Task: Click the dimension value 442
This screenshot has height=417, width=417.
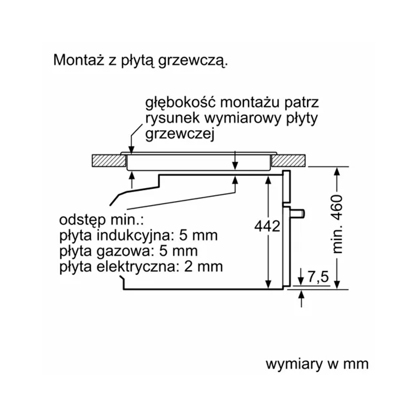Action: pos(267,227)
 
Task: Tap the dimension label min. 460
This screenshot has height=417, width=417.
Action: pos(338,224)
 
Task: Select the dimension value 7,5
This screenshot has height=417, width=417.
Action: pos(318,277)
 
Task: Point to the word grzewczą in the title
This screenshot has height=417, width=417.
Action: pos(193,62)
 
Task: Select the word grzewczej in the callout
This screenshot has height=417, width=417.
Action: pos(180,135)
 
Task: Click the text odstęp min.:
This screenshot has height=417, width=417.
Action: pos(101,220)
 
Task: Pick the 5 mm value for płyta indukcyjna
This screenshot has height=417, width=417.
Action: pos(198,235)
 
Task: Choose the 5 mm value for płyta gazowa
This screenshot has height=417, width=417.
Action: pos(179,251)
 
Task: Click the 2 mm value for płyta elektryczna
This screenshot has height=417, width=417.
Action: pos(203,266)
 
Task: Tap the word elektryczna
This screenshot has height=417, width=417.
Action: pos(136,266)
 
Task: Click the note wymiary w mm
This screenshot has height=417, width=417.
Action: pos(317,364)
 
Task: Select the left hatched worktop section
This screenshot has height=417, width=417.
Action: pos(109,161)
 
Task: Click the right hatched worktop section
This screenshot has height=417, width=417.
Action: pos(289,161)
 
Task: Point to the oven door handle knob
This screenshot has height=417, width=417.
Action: pos(298,214)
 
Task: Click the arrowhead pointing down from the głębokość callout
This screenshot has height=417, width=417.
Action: pos(131,149)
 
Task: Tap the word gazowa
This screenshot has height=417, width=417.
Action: pos(126,251)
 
